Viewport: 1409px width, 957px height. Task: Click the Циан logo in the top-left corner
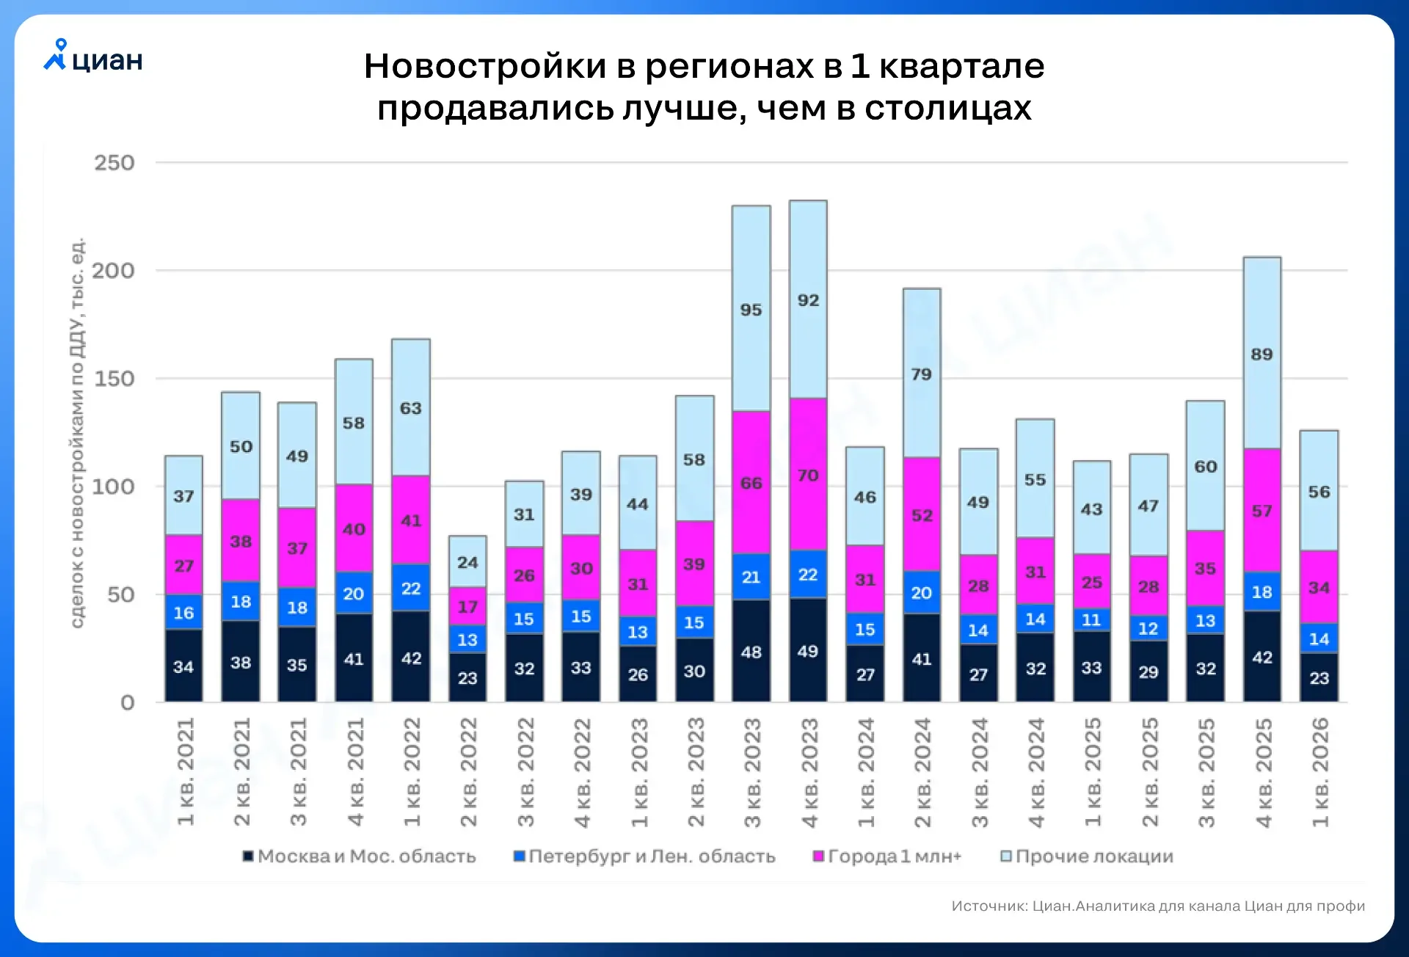click(x=93, y=57)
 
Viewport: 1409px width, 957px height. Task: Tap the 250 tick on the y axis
click(x=114, y=163)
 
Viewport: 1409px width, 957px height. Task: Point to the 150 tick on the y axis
click(x=114, y=379)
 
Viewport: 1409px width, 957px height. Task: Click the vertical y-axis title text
click(x=77, y=433)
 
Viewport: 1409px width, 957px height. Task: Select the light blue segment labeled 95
click(x=751, y=309)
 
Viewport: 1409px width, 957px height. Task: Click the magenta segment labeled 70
click(x=808, y=475)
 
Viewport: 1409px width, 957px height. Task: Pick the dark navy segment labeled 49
click(x=808, y=651)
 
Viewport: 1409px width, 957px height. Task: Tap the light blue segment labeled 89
click(x=1261, y=354)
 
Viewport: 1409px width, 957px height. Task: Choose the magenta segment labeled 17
click(x=467, y=606)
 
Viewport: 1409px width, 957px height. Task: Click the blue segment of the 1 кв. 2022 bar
click(x=411, y=588)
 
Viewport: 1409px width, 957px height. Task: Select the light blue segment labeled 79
click(x=922, y=374)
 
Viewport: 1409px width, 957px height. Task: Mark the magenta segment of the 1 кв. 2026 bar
click(x=1319, y=587)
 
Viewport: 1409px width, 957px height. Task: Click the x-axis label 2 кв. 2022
click(x=468, y=772)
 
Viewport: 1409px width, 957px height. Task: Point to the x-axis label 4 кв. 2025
click(x=1263, y=772)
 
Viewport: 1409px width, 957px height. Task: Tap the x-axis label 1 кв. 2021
click(x=185, y=772)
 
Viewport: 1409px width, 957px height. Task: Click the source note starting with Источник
click(x=1157, y=906)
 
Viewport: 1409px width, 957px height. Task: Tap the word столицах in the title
click(x=947, y=109)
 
